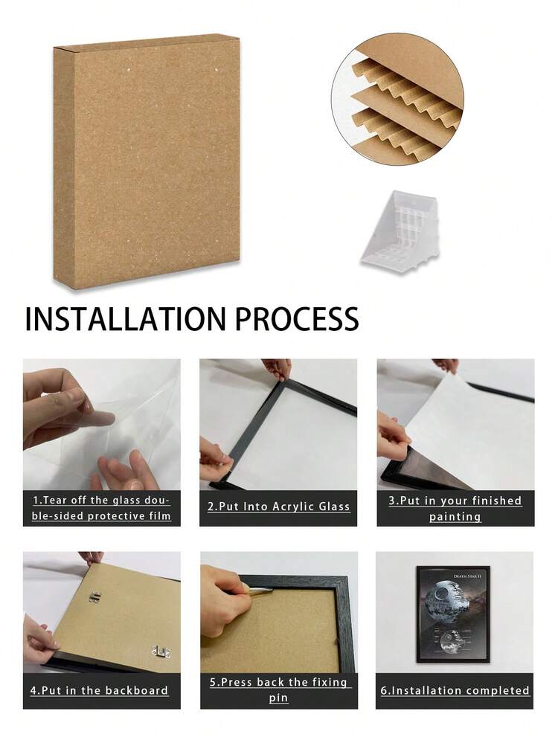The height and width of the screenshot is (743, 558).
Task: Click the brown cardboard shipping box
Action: coord(147,161)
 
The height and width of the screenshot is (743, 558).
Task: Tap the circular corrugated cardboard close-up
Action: coord(397,99)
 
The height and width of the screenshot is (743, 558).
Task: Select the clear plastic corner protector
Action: coord(400,233)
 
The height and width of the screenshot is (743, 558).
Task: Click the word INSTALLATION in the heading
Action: coord(125,319)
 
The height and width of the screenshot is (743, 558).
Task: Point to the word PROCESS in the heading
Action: coord(297,319)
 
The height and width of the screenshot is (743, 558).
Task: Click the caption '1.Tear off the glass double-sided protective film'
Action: coord(101,508)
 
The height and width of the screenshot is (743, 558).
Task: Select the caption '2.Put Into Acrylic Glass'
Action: coord(279,506)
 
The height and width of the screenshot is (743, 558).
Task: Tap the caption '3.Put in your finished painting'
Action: coord(455,508)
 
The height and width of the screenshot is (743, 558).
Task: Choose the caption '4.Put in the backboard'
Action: coord(99,690)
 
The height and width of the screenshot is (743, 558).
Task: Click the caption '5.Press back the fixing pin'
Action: coord(279,689)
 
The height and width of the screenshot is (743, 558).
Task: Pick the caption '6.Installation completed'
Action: coord(455,690)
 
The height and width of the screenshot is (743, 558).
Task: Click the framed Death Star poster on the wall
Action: coord(453,614)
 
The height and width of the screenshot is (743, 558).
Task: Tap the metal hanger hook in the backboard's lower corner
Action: coord(161,652)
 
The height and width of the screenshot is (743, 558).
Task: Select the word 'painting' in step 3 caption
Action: coord(455,516)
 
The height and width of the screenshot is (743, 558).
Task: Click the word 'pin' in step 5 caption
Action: coord(279,698)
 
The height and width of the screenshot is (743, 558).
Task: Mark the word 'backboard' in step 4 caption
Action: coord(137,690)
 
